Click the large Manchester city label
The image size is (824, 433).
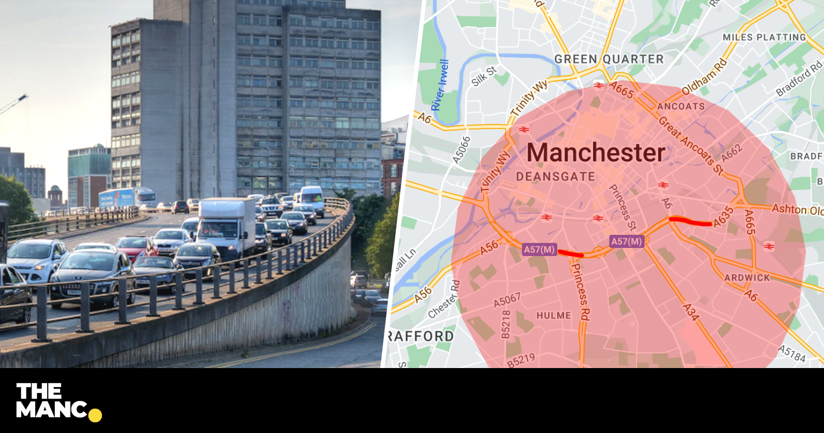coord(596,153)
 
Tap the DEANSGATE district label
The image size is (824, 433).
coord(556,176)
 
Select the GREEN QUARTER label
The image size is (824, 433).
coord(609,59)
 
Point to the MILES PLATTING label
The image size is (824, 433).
coord(764,37)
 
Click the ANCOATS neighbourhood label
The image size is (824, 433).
coord(681,106)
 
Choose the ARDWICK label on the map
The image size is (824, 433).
coord(747,278)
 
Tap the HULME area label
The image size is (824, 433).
coord(553,316)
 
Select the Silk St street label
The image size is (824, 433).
coord(484,76)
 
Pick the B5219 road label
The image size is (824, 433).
coord(521,360)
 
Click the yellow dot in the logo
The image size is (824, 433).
coord(95,415)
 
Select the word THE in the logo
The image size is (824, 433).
coord(39,391)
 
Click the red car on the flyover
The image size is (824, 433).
coord(136,247)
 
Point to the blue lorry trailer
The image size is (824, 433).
coord(117,199)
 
